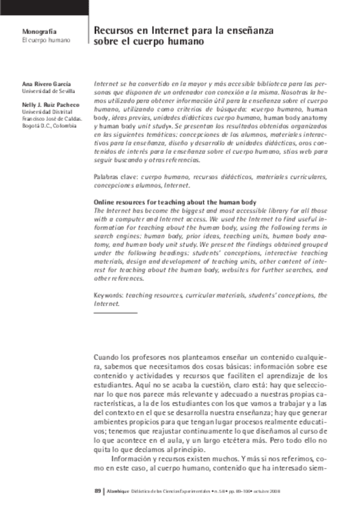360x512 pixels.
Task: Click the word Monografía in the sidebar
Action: click(x=39, y=31)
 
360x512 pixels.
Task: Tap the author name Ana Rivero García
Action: click(x=47, y=84)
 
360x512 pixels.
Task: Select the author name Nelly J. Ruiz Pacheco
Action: click(x=51, y=104)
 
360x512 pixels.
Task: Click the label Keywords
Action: click(x=108, y=295)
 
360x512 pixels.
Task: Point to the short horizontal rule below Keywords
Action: click(x=115, y=313)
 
